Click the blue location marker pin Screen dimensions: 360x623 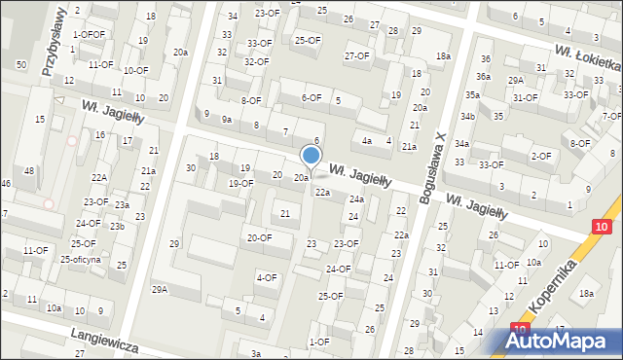(x=311, y=156)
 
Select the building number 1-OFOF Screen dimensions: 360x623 (x=89, y=34)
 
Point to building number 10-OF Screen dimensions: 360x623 (x=135, y=70)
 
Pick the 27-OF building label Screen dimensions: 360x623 (x=357, y=55)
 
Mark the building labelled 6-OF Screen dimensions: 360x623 (x=311, y=97)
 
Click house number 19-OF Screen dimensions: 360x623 (x=241, y=183)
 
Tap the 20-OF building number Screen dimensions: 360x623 (x=259, y=237)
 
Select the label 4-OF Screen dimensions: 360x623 (x=267, y=278)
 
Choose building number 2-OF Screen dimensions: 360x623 (x=540, y=157)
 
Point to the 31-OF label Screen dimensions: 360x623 (x=526, y=97)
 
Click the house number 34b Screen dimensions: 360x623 (x=468, y=116)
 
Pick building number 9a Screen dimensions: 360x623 (x=227, y=119)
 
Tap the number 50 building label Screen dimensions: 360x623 (x=20, y=64)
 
